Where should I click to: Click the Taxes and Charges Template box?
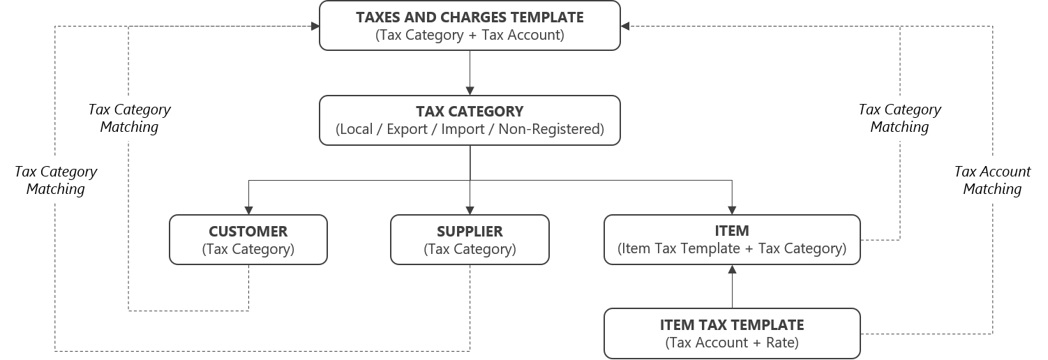(470, 25)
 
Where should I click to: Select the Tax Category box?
(470, 120)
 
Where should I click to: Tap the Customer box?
(248, 239)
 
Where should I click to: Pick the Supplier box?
(470, 239)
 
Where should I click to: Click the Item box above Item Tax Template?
(732, 239)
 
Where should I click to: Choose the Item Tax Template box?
(732, 333)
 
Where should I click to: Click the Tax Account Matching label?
(992, 180)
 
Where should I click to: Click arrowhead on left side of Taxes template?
(314, 26)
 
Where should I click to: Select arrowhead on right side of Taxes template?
(625, 26)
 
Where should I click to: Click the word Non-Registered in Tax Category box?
(551, 130)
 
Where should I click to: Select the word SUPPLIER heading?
(470, 231)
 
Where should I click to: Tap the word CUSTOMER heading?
(248, 231)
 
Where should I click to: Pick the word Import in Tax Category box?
(463, 130)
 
